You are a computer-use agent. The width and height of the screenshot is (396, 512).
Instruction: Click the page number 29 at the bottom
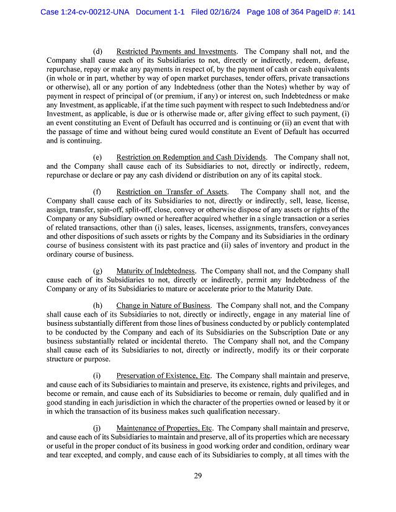(198, 475)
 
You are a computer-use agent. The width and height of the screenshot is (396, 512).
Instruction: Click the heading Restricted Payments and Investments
(176, 51)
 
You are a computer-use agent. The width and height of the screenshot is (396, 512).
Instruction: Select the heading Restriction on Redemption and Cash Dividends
(191, 157)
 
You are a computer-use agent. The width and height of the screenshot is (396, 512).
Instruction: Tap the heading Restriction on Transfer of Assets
(171, 192)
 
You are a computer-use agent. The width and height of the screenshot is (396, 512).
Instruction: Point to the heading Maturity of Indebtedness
(156, 271)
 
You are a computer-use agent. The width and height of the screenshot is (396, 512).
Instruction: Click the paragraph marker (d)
(97, 51)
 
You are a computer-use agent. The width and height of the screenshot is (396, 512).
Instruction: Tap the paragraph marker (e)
(97, 157)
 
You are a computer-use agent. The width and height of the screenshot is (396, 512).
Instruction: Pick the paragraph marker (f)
(97, 192)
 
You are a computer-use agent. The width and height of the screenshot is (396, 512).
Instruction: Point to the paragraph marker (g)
(97, 271)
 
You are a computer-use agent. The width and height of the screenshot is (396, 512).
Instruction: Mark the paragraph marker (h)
(97, 305)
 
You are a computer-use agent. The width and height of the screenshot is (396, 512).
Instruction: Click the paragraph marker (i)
(97, 375)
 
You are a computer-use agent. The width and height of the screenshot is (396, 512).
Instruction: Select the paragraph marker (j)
(97, 428)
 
